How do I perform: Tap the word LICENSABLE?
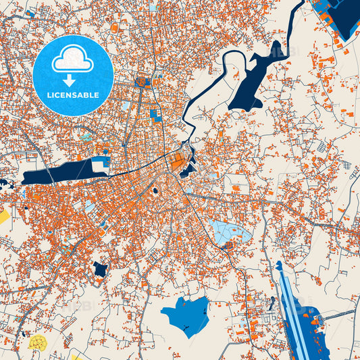[x=72, y=95]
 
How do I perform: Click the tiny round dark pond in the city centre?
[x=156, y=191]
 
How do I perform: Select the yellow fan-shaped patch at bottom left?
[x=37, y=343]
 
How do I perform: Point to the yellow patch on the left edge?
[x=3, y=217]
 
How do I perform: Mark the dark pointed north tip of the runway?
[x=278, y=265]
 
